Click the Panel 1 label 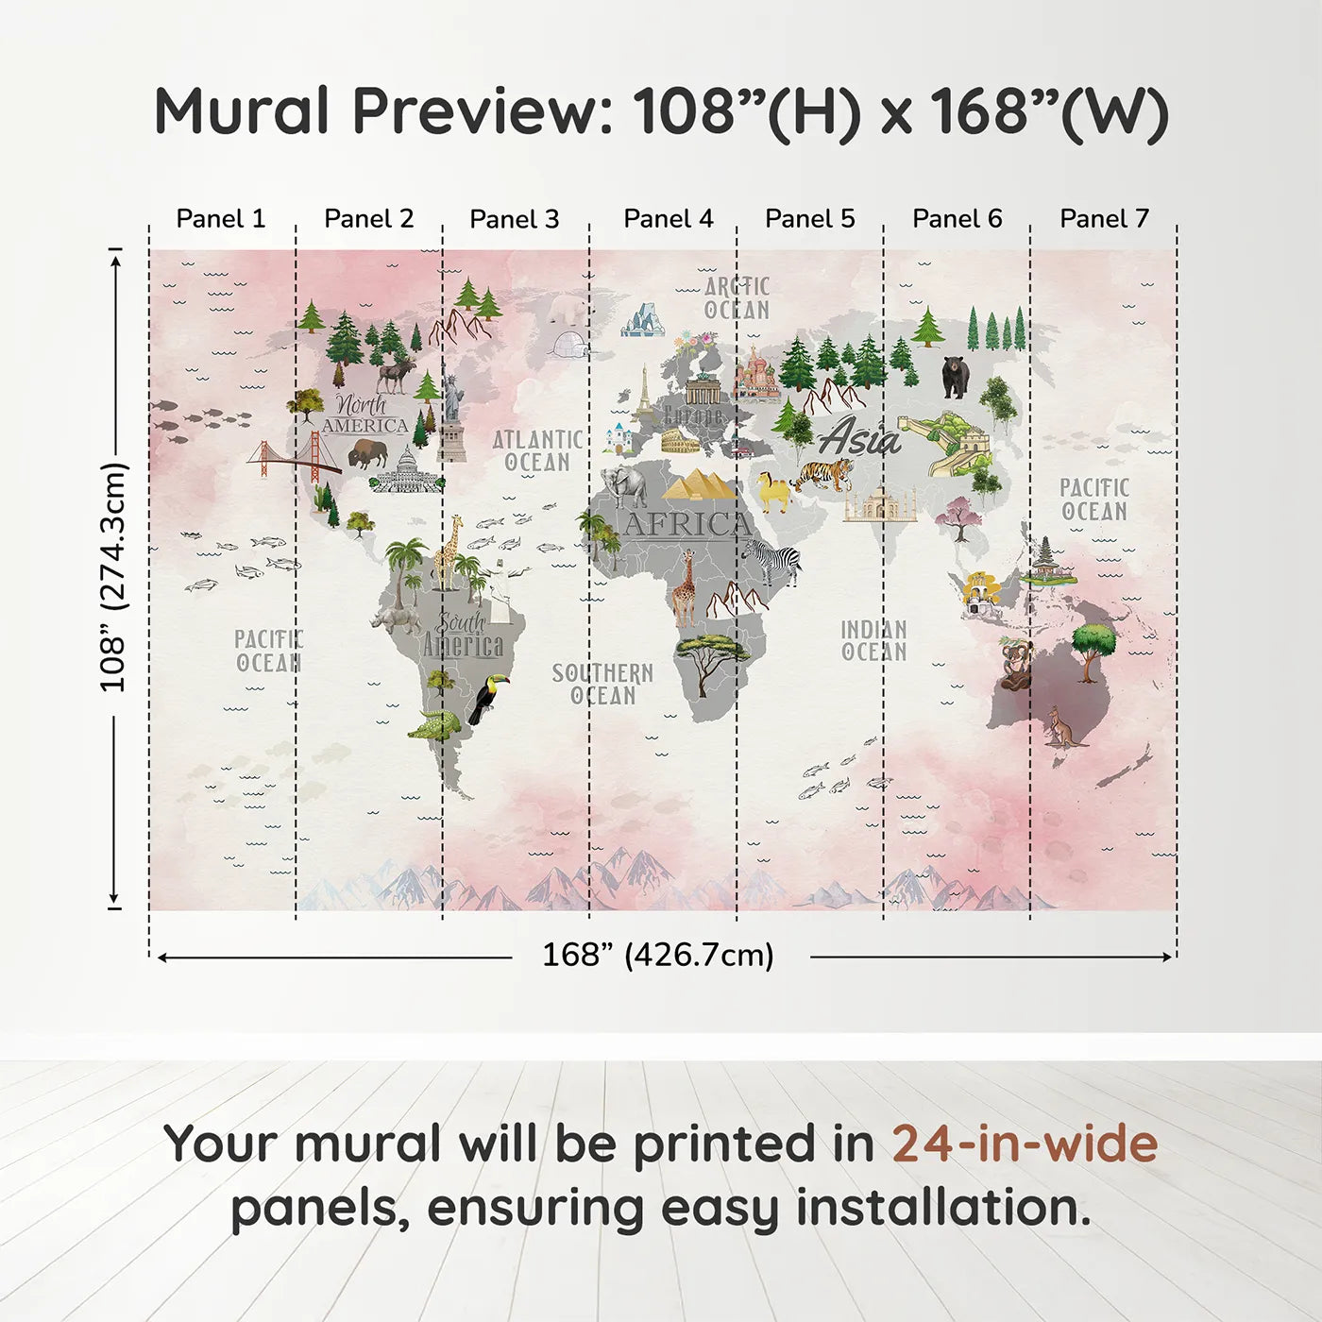point(221,218)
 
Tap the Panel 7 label point(1104,218)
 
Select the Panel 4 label point(669,218)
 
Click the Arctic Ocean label point(737,298)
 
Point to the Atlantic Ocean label point(537,450)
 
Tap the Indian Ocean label point(873,640)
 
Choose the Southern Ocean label point(602,685)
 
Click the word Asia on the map point(859,437)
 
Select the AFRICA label point(687,524)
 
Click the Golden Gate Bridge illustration point(295,457)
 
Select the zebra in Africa point(773,561)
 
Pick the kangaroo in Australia point(1063,728)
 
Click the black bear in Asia point(955,376)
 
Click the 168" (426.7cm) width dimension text point(657,955)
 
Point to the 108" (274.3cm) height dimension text point(112,577)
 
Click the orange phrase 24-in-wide point(1025,1144)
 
